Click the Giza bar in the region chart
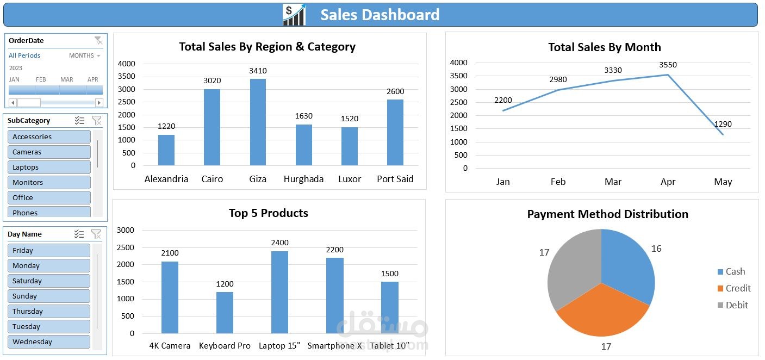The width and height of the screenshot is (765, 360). click(258, 122)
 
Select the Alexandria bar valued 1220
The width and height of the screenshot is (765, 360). click(166, 150)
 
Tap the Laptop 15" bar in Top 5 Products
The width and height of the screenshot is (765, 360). click(279, 292)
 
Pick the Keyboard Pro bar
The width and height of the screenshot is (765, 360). click(225, 313)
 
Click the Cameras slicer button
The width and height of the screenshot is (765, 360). click(49, 152)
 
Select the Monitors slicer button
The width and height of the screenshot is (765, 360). click(49, 183)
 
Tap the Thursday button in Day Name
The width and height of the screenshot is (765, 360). click(48, 312)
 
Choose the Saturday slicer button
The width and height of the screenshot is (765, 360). click(48, 281)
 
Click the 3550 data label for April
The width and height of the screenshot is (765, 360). click(668, 65)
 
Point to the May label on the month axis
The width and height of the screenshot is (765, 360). click(723, 182)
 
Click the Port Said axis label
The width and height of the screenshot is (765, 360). click(395, 179)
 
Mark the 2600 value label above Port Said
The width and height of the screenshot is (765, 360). click(395, 91)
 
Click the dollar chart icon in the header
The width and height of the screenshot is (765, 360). click(294, 15)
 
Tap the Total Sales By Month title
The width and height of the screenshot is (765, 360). click(604, 47)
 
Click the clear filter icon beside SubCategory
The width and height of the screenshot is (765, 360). click(96, 121)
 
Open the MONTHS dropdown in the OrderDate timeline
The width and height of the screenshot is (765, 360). click(85, 55)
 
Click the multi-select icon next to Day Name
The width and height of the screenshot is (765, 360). click(79, 234)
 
